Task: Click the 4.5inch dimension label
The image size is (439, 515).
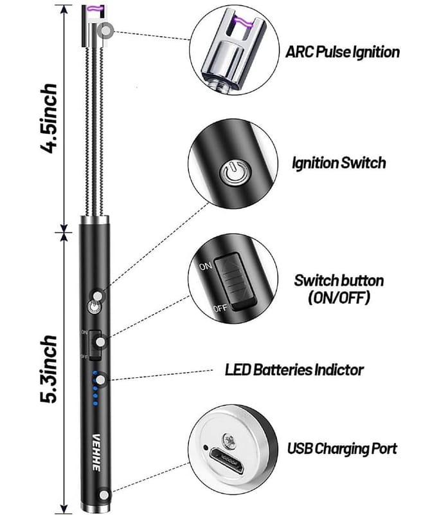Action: coord(49,116)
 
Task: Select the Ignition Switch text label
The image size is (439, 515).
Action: coord(339,162)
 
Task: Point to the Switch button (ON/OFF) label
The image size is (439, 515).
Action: coord(339,289)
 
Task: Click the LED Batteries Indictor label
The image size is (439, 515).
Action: coord(294,370)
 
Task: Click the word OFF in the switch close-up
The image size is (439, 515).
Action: coord(219,309)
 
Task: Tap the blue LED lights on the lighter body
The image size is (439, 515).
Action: coord(95,389)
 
